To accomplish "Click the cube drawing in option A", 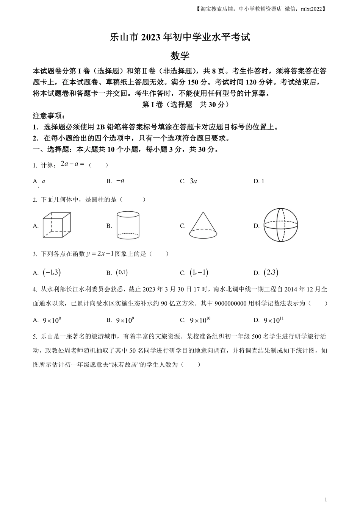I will (57, 225).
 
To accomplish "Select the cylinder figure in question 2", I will (128, 225).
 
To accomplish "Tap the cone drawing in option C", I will (203, 225).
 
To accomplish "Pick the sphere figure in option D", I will (281, 225).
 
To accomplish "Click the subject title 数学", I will (180, 56).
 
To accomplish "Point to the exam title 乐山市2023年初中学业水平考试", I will (180, 37).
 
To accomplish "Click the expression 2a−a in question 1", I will (72, 164).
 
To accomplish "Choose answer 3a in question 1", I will (193, 181).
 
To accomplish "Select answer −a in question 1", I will (121, 181).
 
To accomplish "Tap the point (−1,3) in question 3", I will (52, 272).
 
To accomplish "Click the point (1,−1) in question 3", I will (199, 272).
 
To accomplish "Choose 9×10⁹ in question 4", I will (125, 320).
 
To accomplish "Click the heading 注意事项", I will (49, 116).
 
